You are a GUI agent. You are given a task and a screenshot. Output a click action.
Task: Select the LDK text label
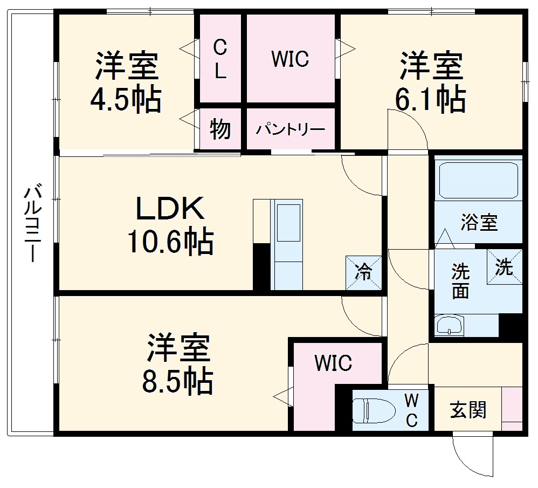[170, 209]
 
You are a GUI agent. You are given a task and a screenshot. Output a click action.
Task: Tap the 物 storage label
[220, 130]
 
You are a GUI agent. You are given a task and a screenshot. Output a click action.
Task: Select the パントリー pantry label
[290, 130]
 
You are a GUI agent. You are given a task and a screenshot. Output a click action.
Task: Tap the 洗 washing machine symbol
[505, 267]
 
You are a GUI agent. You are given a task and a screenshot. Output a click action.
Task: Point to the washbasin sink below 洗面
[449, 326]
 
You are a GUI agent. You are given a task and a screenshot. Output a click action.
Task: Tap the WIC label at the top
[290, 59]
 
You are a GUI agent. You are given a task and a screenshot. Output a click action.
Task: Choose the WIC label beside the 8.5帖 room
[333, 363]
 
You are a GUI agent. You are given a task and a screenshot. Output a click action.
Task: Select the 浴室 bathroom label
[479, 223]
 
